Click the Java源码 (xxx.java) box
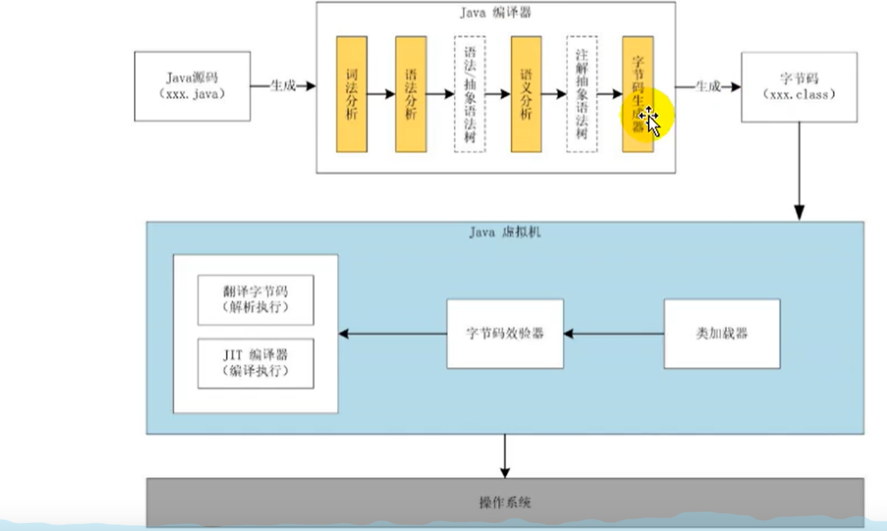(192, 86)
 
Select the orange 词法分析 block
(352, 94)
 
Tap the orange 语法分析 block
(411, 94)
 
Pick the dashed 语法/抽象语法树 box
(470, 94)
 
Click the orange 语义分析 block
(526, 94)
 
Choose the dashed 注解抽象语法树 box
(582, 94)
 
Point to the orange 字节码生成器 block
(637, 94)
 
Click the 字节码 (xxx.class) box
(798, 86)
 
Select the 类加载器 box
(722, 333)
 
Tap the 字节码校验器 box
(505, 333)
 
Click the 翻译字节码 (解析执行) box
(256, 300)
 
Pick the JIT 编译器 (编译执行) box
(256, 363)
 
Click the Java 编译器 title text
(496, 13)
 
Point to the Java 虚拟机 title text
(504, 233)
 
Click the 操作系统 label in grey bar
(504, 503)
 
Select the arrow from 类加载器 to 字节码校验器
(613, 333)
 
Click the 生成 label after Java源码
(282, 86)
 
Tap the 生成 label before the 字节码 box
(708, 86)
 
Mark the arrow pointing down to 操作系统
(504, 456)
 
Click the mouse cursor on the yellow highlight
(650, 123)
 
